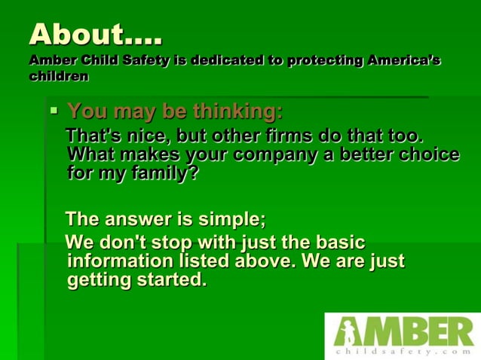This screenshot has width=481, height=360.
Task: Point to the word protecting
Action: [322, 60]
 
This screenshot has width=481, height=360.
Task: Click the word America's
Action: [403, 60]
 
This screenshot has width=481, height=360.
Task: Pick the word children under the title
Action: [59, 76]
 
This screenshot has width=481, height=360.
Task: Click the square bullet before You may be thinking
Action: [54, 111]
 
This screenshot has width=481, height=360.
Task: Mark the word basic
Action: [335, 243]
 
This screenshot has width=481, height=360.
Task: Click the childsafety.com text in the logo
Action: [403, 351]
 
